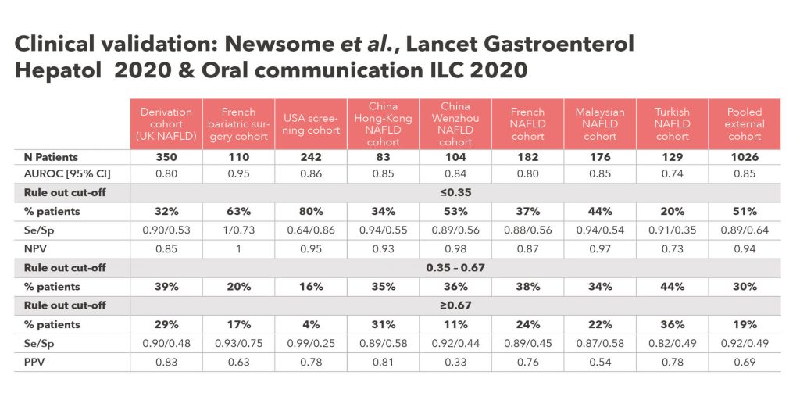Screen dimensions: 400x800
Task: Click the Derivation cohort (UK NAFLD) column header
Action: click(x=166, y=124)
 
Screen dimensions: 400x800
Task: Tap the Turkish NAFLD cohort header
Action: click(x=672, y=124)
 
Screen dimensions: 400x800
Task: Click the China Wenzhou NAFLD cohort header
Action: click(x=455, y=124)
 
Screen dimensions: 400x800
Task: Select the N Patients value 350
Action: click(x=166, y=157)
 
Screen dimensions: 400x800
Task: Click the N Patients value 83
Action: click(x=383, y=157)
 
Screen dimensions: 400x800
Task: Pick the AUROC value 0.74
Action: click(x=672, y=173)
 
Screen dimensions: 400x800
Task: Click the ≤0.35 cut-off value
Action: click(x=455, y=191)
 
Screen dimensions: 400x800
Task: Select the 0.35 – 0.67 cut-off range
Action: click(x=455, y=267)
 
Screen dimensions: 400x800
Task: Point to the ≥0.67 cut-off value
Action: click(x=455, y=305)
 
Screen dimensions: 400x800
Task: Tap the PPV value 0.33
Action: click(x=455, y=361)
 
